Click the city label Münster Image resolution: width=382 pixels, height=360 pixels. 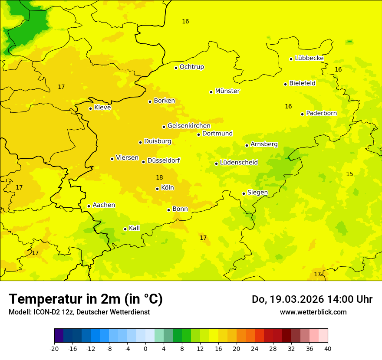[227, 91]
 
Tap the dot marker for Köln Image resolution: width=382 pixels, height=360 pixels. [157, 189]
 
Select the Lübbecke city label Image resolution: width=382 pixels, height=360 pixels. [309, 58]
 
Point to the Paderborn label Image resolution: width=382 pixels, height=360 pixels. [321, 113]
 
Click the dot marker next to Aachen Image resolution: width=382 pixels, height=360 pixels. [89, 206]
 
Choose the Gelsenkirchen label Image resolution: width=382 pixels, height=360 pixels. [189, 126]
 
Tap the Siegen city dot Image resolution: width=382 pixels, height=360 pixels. [244, 193]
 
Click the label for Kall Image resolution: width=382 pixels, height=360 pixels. [134, 228]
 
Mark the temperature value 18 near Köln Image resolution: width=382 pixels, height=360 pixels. [159, 177]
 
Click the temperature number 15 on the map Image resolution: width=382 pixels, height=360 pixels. [349, 174]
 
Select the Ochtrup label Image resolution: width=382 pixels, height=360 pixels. [191, 67]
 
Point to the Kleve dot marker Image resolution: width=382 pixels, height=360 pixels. [90, 108]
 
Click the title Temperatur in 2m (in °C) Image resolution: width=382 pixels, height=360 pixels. [86, 299]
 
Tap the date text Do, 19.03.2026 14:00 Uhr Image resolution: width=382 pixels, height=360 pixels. [312, 299]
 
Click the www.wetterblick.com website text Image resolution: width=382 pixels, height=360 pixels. [313, 312]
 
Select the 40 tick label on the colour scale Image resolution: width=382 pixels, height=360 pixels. [328, 348]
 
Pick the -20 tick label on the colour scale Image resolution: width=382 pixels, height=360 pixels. [54, 348]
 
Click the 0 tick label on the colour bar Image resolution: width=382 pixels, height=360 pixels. [145, 348]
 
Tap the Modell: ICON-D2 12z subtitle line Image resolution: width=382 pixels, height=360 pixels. [79, 312]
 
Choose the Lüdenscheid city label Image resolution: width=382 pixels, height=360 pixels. [239, 163]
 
